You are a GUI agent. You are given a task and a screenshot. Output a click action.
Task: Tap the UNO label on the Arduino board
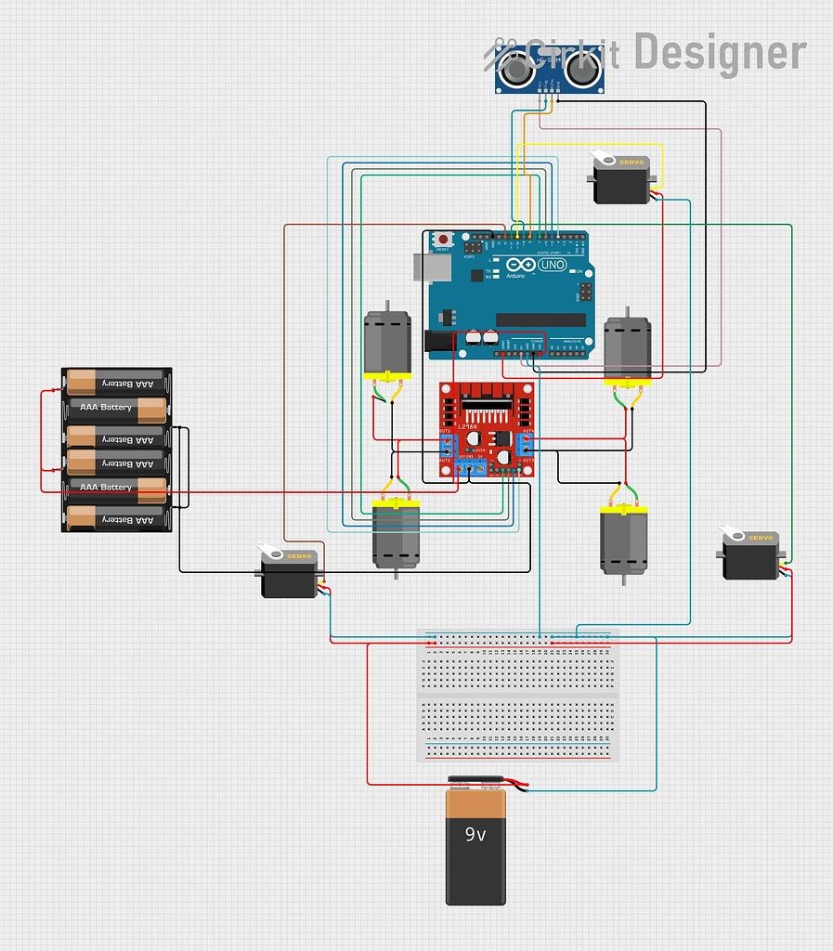552,266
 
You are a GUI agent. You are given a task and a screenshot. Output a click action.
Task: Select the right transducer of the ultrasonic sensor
582,67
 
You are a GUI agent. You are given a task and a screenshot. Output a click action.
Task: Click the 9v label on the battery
475,835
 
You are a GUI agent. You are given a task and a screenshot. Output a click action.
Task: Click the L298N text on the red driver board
467,425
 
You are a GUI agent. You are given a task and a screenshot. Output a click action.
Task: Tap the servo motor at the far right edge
750,555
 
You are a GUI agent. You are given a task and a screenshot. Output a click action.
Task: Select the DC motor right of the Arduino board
628,349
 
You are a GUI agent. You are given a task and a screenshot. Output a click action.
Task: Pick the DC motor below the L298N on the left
397,535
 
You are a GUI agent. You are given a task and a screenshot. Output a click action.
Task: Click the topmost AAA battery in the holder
116,382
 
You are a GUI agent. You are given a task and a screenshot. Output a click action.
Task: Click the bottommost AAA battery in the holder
116,519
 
